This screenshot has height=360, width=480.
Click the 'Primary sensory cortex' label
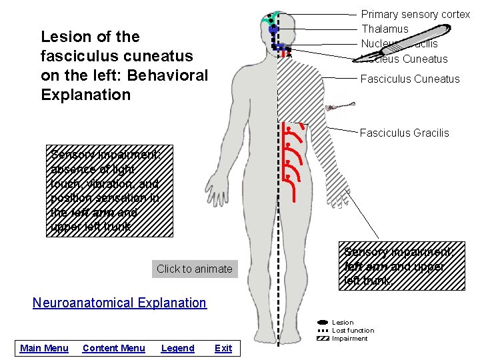[415, 14]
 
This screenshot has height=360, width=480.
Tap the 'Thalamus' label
[385, 29]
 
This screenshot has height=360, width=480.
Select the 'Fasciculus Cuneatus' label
[409, 79]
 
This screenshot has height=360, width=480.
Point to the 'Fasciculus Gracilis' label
[404, 133]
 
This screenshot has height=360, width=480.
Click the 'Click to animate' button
[194, 269]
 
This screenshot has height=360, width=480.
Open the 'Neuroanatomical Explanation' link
[119, 303]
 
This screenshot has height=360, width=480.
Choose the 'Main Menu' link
[44, 348]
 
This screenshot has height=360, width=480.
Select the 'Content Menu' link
[113, 348]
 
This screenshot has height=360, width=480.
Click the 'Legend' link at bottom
[177, 348]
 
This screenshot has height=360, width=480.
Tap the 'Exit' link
[223, 348]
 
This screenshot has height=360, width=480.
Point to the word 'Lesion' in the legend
[343, 323]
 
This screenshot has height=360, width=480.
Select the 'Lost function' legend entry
[353, 331]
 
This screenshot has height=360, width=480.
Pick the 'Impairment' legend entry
[349, 339]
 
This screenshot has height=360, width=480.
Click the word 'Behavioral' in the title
[169, 75]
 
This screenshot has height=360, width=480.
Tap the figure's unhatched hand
[215, 191]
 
